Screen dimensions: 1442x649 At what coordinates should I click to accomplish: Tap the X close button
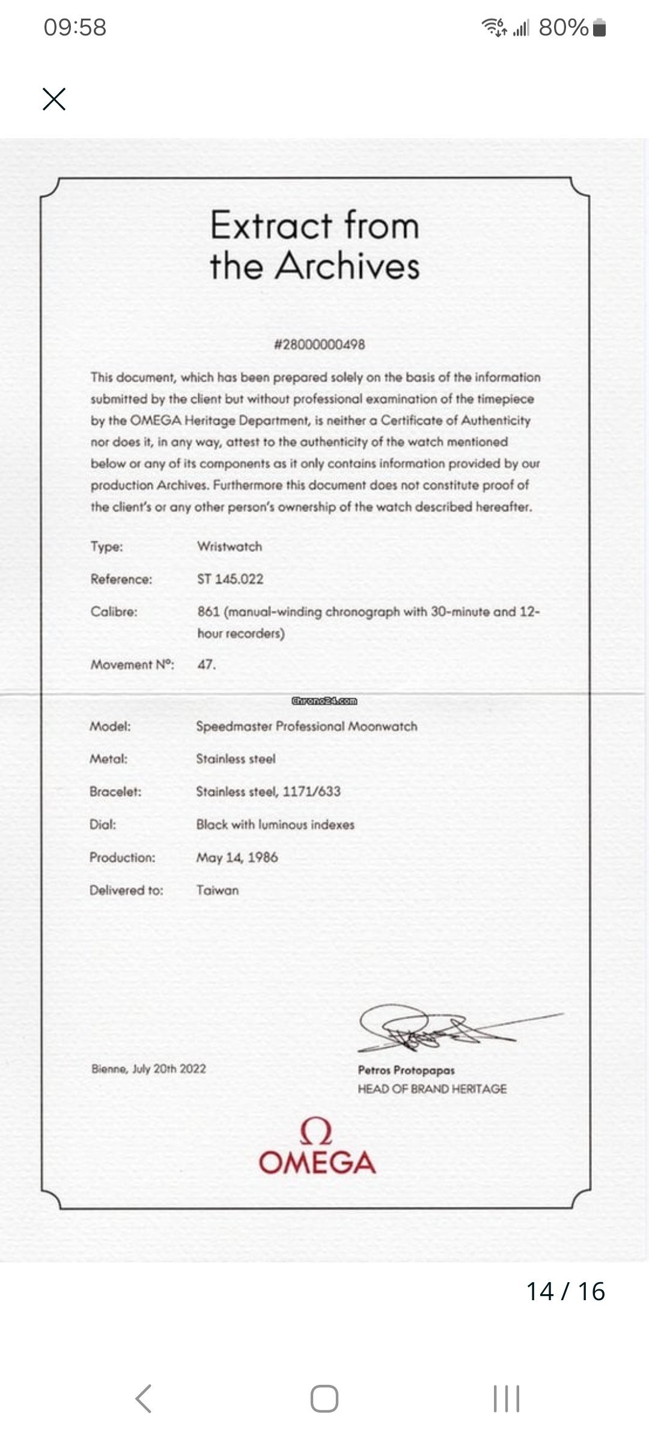tap(54, 99)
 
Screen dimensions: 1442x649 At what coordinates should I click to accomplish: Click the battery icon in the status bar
tap(599, 28)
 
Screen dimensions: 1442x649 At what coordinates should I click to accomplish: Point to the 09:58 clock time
tap(75, 28)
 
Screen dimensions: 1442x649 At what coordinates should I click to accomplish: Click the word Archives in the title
tap(347, 266)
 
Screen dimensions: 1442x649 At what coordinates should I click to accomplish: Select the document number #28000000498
tap(319, 344)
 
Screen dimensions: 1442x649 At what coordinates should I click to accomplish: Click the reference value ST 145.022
tap(230, 579)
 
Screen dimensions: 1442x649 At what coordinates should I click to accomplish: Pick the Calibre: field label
tap(114, 612)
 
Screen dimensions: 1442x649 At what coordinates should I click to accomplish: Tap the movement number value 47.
tap(206, 665)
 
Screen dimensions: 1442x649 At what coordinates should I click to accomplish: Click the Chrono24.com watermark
tap(324, 701)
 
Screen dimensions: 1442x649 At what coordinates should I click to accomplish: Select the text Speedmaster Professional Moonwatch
tap(306, 726)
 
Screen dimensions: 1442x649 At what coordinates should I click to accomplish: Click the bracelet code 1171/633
tap(311, 791)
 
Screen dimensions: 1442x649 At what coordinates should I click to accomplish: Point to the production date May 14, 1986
tap(237, 857)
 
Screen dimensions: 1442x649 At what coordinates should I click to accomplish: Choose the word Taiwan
tap(217, 890)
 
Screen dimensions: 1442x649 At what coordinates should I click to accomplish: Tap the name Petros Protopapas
tap(406, 1069)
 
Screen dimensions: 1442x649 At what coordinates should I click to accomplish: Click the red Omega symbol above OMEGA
tap(316, 1131)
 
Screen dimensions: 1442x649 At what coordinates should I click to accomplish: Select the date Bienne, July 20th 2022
tap(148, 1069)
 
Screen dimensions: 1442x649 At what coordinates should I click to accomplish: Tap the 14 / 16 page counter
tap(565, 1291)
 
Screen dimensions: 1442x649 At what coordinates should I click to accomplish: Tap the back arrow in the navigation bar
tap(144, 1398)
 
